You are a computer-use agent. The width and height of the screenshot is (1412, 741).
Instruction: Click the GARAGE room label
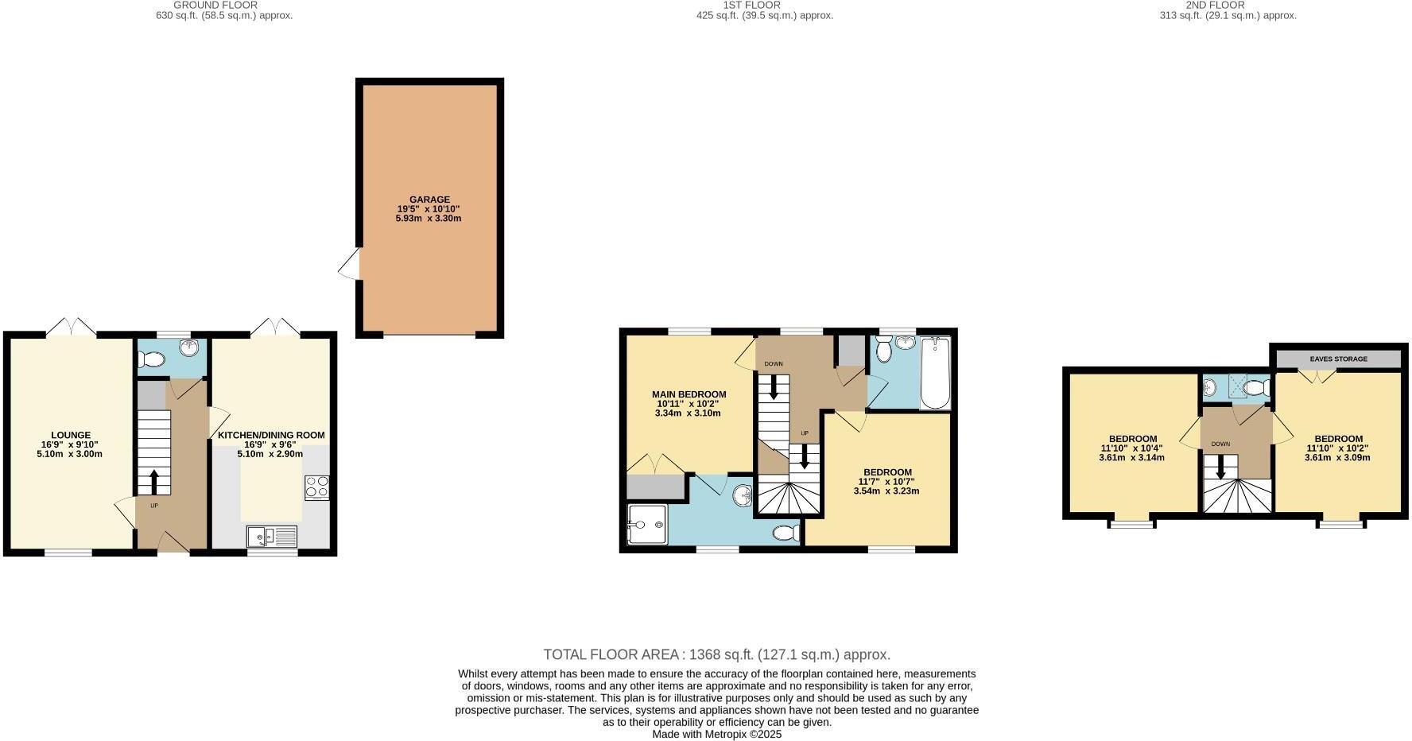coord(429,200)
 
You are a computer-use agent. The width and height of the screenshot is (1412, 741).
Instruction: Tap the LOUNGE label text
coord(71,435)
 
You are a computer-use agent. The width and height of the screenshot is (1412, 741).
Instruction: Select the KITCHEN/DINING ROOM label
coord(271,435)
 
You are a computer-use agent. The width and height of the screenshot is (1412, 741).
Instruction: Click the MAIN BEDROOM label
coord(689,394)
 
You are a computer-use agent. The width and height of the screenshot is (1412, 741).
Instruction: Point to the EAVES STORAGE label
coord(1339,359)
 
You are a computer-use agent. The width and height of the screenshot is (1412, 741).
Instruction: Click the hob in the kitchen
coord(316,487)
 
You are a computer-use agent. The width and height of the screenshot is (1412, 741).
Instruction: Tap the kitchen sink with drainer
coord(271,537)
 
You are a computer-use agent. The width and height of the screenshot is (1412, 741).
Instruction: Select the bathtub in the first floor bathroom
coord(935,372)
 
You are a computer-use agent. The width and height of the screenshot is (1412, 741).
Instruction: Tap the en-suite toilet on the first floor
coord(787,533)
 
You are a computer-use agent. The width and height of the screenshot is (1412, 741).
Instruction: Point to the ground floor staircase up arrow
coord(154,481)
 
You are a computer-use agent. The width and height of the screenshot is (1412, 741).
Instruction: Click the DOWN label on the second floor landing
coord(1220,444)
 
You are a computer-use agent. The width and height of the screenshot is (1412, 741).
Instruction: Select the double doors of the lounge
coord(71,327)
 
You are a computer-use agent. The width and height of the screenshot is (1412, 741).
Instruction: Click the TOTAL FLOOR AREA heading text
coord(716,654)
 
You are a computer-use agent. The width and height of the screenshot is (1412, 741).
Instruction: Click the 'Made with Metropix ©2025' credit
coord(716,734)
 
